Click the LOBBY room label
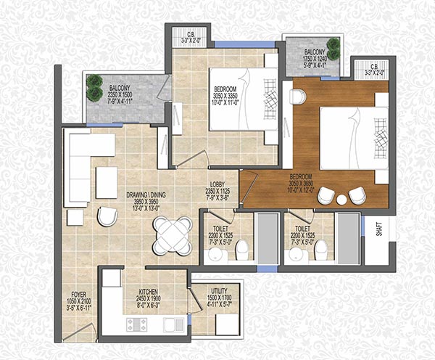[x=220, y=184]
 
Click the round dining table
[x=173, y=233]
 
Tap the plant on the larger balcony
[x=94, y=87]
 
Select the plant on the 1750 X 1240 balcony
[x=333, y=45]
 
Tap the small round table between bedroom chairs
[x=341, y=198]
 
